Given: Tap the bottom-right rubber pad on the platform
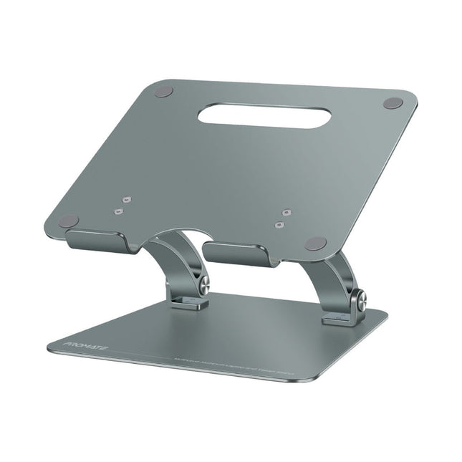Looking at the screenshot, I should click(x=315, y=244).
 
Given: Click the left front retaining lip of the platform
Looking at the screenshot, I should click(x=100, y=241).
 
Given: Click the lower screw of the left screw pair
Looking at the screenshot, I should click(x=117, y=211).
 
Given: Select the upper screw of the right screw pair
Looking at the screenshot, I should click(x=287, y=213).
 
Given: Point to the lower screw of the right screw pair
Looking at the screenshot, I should click(x=279, y=225).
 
